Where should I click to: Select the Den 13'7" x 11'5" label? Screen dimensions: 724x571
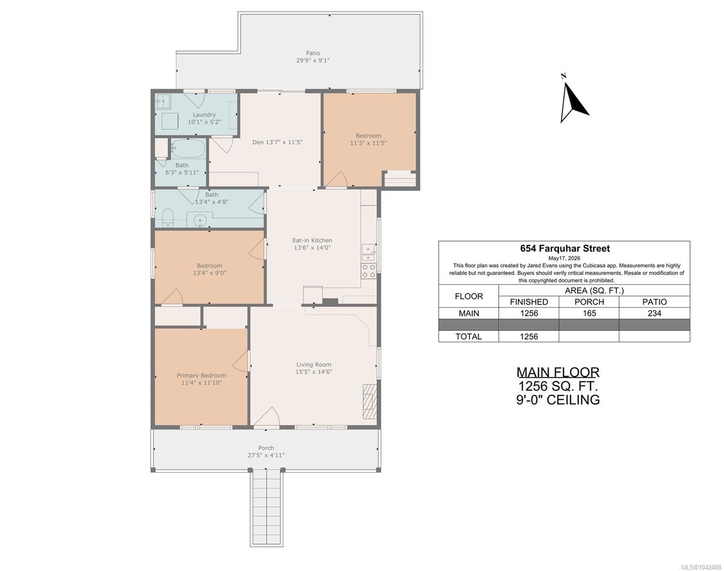tap(278, 142)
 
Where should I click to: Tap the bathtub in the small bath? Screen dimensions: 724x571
tap(188, 148)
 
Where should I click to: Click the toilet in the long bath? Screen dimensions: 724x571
tap(168, 218)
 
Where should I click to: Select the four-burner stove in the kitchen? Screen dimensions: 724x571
tap(369, 271)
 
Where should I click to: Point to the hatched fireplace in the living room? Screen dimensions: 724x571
tap(370, 402)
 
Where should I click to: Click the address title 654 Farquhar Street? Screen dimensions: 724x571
tap(565, 248)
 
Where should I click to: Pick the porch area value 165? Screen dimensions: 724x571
tap(589, 313)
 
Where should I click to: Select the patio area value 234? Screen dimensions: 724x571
tap(654, 313)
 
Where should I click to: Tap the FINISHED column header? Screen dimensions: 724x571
tap(529, 302)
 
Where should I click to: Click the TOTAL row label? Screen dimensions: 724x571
tap(468, 336)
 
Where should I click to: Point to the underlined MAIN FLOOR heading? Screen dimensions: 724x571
tap(558, 373)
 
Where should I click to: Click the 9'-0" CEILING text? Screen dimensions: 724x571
tap(558, 400)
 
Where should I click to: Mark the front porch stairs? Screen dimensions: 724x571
tap(266, 508)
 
